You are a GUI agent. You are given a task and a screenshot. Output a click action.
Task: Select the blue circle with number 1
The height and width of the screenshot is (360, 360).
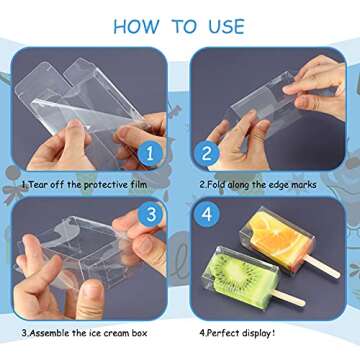(x=147, y=153)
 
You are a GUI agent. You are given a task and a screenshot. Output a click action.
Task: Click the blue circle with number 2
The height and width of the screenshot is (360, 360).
(x=208, y=153)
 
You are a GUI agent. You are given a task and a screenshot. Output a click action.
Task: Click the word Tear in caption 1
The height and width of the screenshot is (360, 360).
(x=35, y=185)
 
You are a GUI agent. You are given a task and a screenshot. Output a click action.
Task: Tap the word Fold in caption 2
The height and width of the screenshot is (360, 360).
(x=216, y=185)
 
